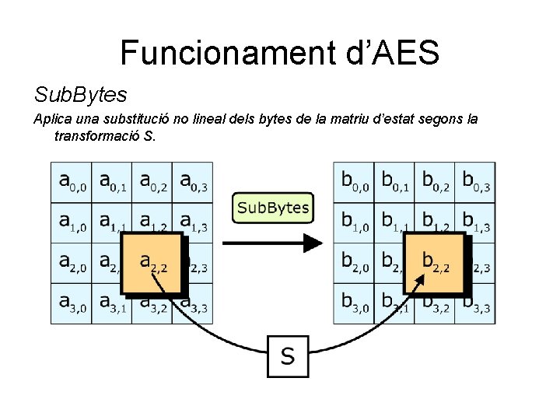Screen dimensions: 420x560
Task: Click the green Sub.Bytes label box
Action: coord(272,208)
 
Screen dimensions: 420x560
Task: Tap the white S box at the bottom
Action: coord(288,356)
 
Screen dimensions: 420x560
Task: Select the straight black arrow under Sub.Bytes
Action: coord(272,243)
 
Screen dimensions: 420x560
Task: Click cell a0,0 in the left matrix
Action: coord(71,182)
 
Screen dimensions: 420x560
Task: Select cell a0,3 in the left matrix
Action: coord(192,182)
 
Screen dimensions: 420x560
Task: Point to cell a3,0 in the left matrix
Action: coord(71,303)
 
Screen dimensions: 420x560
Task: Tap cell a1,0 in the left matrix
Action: coord(71,222)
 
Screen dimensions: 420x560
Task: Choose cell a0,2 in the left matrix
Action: coord(152,182)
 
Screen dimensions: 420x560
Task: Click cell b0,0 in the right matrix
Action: coord(354,182)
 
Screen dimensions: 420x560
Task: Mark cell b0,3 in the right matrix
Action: coord(475,182)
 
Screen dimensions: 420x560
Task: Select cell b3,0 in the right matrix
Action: coord(354,303)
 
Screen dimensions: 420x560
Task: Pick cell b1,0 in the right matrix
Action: coord(354,222)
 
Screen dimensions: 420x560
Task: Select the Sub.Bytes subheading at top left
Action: coord(80,95)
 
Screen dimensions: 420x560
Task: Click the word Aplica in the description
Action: coord(51,119)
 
